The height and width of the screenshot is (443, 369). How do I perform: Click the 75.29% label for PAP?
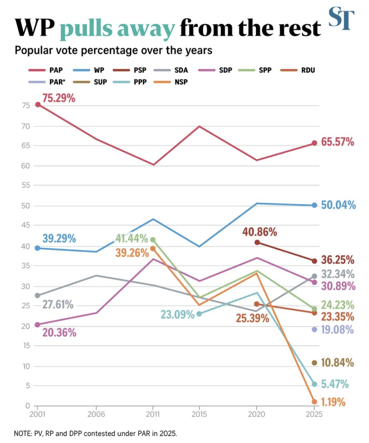pyautogui.click(x=59, y=98)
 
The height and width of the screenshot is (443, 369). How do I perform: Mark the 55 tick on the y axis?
pyautogui.click(x=26, y=186)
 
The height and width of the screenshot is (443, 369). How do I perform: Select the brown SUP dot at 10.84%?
pyautogui.click(x=314, y=363)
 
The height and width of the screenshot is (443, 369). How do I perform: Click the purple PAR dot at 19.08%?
pyautogui.click(x=314, y=330)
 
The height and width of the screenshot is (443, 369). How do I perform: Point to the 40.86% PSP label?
pyautogui.click(x=260, y=232)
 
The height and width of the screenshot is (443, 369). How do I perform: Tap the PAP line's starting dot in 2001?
pyautogui.click(x=38, y=105)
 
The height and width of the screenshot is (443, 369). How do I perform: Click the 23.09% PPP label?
pyautogui.click(x=178, y=314)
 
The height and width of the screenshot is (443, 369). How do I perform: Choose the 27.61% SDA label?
pyautogui.click(x=58, y=305)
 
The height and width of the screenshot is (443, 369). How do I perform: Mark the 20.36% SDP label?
pyautogui.click(x=59, y=333)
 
